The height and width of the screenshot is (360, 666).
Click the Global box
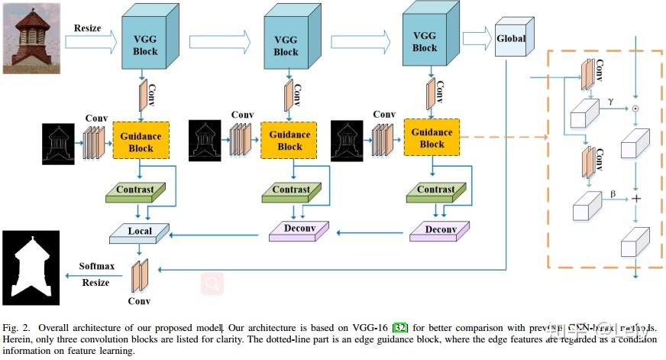511,38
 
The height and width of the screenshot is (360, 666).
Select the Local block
141,231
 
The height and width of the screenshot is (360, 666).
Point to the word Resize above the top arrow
88,28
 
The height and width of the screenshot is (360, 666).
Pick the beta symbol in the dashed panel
612,193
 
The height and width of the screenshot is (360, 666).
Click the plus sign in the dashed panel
635,197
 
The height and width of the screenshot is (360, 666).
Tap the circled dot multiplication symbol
635,109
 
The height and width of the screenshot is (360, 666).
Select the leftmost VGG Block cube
145,41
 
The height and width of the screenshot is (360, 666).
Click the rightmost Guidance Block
432,138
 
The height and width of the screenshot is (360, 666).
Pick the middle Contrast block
291,190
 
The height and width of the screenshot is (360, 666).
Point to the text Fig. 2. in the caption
18,328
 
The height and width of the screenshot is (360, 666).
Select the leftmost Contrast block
134,190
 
